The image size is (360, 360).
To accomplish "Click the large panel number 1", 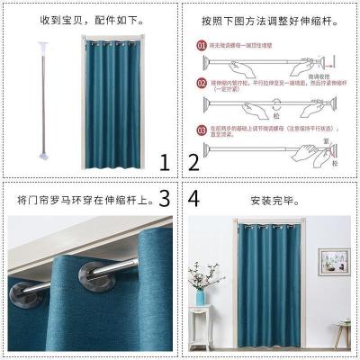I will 164,163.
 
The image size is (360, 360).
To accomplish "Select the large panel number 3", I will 164,197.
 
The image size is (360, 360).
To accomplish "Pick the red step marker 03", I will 202,130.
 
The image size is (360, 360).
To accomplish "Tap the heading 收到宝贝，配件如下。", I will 76,17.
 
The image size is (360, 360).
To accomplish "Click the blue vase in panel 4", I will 201,296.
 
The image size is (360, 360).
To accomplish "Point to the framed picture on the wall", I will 340,261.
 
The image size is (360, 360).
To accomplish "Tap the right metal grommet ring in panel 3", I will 96,275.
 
